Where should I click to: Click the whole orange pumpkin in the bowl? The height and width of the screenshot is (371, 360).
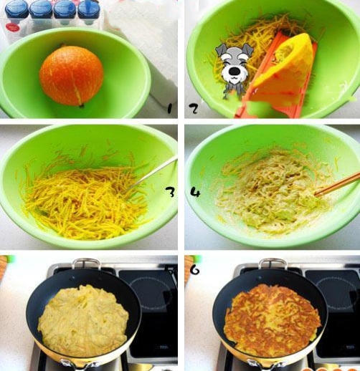(72, 76)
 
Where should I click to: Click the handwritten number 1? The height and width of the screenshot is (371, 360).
(169, 108)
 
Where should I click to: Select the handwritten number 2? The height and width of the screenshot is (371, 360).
(193, 109)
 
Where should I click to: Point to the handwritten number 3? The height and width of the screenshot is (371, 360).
(170, 193)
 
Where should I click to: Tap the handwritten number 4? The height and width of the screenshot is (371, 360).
(195, 192)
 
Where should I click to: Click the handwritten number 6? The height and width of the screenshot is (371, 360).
(195, 269)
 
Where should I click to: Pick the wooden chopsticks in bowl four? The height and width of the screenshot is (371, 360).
(337, 184)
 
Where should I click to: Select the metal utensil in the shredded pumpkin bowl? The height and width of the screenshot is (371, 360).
(151, 173)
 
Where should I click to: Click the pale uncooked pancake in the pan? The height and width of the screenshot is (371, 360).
(83, 321)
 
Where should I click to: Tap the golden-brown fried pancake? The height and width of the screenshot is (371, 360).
(272, 320)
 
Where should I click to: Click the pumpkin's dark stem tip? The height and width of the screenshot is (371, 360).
(81, 105)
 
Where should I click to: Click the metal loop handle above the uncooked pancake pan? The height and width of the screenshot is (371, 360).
(86, 264)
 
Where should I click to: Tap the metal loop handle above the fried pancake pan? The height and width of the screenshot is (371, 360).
(273, 264)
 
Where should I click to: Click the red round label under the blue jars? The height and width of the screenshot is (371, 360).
(14, 28)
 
